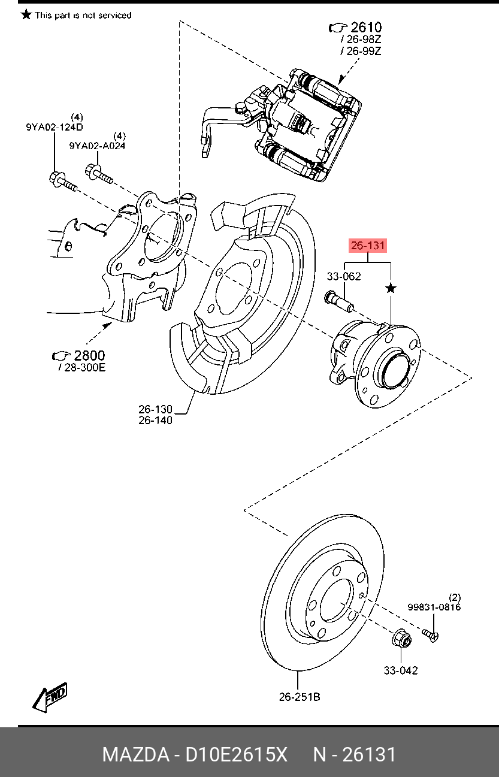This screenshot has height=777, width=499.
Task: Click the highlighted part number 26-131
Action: (x=368, y=245)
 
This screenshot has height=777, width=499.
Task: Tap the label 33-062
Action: (x=343, y=277)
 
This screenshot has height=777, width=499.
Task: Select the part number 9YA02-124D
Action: (x=54, y=127)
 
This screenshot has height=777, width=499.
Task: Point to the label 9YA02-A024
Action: (x=97, y=146)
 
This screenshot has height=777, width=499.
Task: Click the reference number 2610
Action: (x=365, y=27)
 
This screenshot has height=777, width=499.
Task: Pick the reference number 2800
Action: (x=89, y=355)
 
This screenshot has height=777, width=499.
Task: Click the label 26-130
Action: (x=155, y=409)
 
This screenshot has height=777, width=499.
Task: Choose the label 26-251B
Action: (x=299, y=697)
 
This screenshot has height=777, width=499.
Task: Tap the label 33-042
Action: (x=401, y=670)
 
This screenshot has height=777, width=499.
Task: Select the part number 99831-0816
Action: (x=434, y=607)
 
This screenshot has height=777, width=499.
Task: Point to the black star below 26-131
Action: (x=391, y=289)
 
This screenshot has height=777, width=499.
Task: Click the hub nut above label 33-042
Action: (x=401, y=639)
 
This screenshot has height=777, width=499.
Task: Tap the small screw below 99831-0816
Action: (x=430, y=634)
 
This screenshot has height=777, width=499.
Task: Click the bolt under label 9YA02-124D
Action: (x=60, y=181)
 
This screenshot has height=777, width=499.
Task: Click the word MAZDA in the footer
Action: (x=135, y=754)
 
